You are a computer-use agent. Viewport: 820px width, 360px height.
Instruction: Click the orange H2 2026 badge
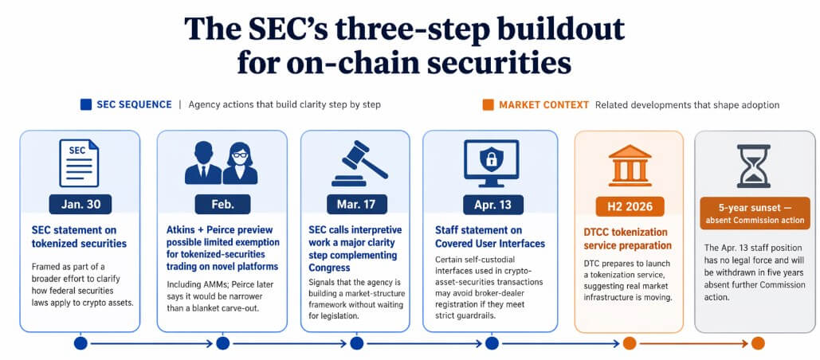click(629, 206)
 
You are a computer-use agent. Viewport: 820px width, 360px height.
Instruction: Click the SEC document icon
click(80, 162)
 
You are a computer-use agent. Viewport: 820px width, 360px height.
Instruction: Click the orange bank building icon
click(629, 163)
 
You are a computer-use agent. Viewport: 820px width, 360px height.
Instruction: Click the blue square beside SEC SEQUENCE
click(85, 104)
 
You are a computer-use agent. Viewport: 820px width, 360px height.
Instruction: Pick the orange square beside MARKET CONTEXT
click(488, 104)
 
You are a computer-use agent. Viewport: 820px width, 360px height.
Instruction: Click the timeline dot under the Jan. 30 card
click(80, 343)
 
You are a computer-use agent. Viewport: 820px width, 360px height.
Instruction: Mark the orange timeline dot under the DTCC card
click(629, 343)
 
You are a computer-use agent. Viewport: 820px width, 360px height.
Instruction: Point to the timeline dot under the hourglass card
click(757, 343)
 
